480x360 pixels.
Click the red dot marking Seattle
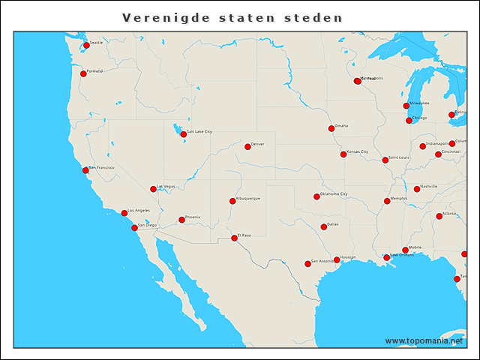click(86, 45)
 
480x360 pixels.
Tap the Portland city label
click(95, 70)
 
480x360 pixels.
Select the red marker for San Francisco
click(85, 170)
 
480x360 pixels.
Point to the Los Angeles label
click(139, 210)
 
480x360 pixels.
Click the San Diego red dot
click(134, 227)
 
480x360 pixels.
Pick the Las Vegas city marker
click(153, 189)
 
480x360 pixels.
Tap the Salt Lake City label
click(199, 131)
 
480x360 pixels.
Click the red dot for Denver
click(247, 146)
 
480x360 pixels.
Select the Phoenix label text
click(193, 217)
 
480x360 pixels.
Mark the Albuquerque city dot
click(232, 201)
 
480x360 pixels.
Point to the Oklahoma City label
click(334, 193)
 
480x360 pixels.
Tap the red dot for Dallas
click(324, 226)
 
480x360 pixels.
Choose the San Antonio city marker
click(307, 263)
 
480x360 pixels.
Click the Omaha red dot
click(331, 128)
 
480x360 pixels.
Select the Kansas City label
click(357, 151)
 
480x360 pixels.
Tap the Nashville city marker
click(417, 189)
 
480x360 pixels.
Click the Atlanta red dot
click(439, 217)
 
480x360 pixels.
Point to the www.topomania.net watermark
click(424, 340)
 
